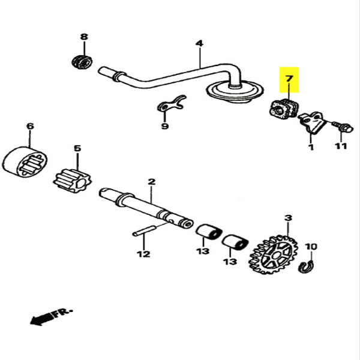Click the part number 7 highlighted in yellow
point(290,79)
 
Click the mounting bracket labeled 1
point(313,123)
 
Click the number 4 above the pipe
point(199,43)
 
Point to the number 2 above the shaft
point(151,181)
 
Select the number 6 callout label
point(30,127)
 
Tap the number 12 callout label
point(142,254)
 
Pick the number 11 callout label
point(341,146)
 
